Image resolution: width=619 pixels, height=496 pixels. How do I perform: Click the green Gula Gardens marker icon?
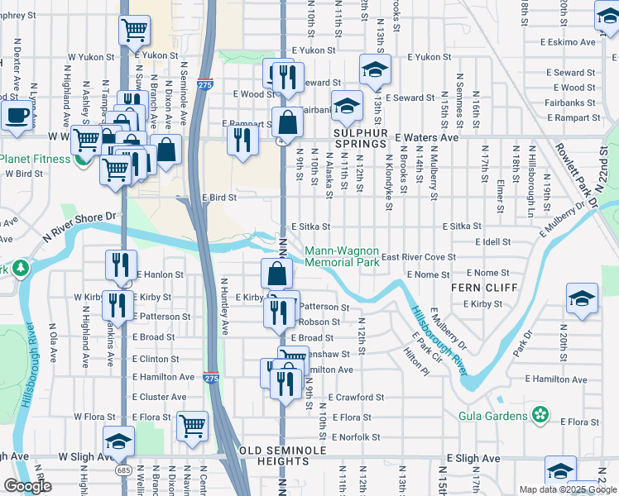(540, 413)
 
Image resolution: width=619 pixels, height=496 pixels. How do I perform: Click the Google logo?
(27, 487)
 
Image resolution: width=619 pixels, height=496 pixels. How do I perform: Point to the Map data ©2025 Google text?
(568, 489)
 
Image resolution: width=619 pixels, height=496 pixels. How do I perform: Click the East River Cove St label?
(418, 257)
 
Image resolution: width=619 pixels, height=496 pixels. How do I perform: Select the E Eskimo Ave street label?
(569, 41)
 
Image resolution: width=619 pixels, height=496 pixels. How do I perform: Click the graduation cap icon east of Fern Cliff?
(582, 298)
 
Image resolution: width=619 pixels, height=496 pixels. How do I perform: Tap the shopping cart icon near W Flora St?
(193, 426)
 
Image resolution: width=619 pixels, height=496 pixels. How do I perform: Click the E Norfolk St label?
(356, 437)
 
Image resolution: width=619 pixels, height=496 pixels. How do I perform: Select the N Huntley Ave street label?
(223, 306)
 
